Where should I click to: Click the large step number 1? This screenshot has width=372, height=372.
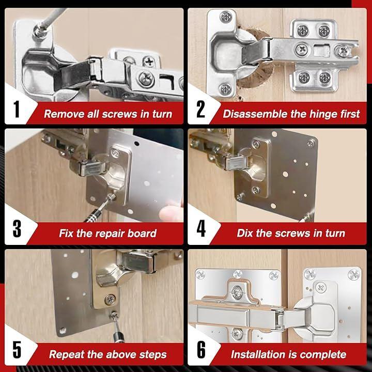coord(17,109)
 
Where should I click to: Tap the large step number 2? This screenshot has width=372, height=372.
coord(200,109)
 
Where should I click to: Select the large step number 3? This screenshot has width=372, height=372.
coord(17,229)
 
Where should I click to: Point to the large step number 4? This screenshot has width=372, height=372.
coord(201,229)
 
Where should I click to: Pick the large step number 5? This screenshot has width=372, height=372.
coord(17,349)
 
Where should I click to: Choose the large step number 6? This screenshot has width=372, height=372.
coord(201,349)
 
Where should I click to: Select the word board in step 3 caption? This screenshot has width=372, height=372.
coord(142,234)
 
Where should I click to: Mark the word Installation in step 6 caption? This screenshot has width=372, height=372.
coord(258,354)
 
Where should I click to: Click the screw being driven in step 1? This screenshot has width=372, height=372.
coord(38,32)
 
